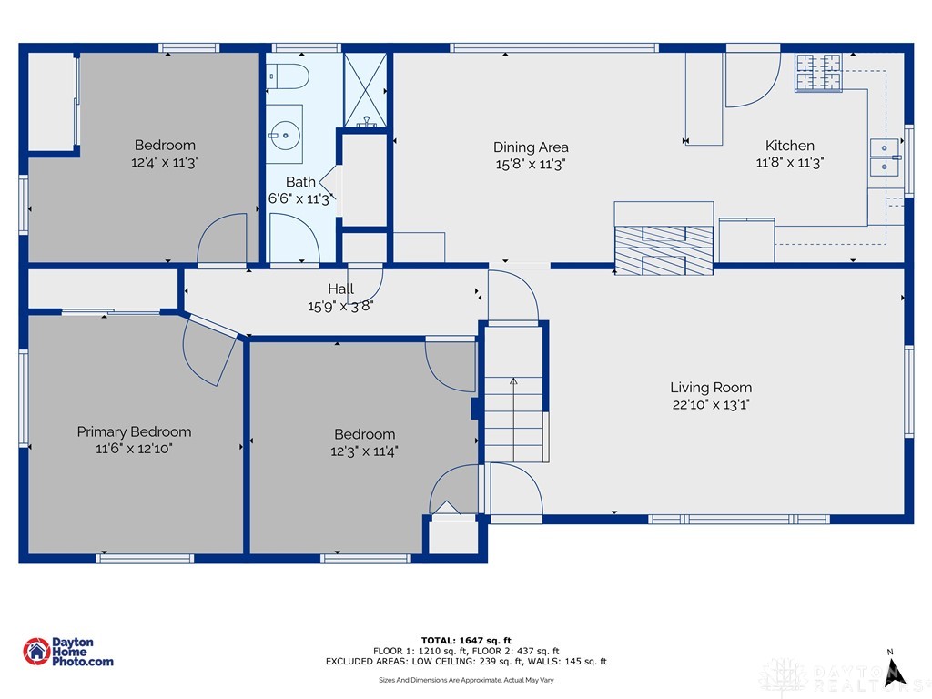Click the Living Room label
pos(711,388)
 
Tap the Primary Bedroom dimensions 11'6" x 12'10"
pos(134,449)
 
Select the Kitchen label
pos(789,146)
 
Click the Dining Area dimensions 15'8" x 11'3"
pos(531,164)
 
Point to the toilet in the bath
pos(290,76)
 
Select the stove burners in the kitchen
pos(818,73)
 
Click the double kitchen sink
pos(885,157)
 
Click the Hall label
pos(341,289)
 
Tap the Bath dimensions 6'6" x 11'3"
pos(299,199)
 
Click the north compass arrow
pos(894,669)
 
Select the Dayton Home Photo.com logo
pos(68,652)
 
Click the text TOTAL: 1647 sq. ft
pos(466,640)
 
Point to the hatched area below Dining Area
pos(663,249)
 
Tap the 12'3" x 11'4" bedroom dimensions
pos(364,451)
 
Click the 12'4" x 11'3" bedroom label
pos(165,145)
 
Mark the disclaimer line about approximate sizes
pos(466,680)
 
